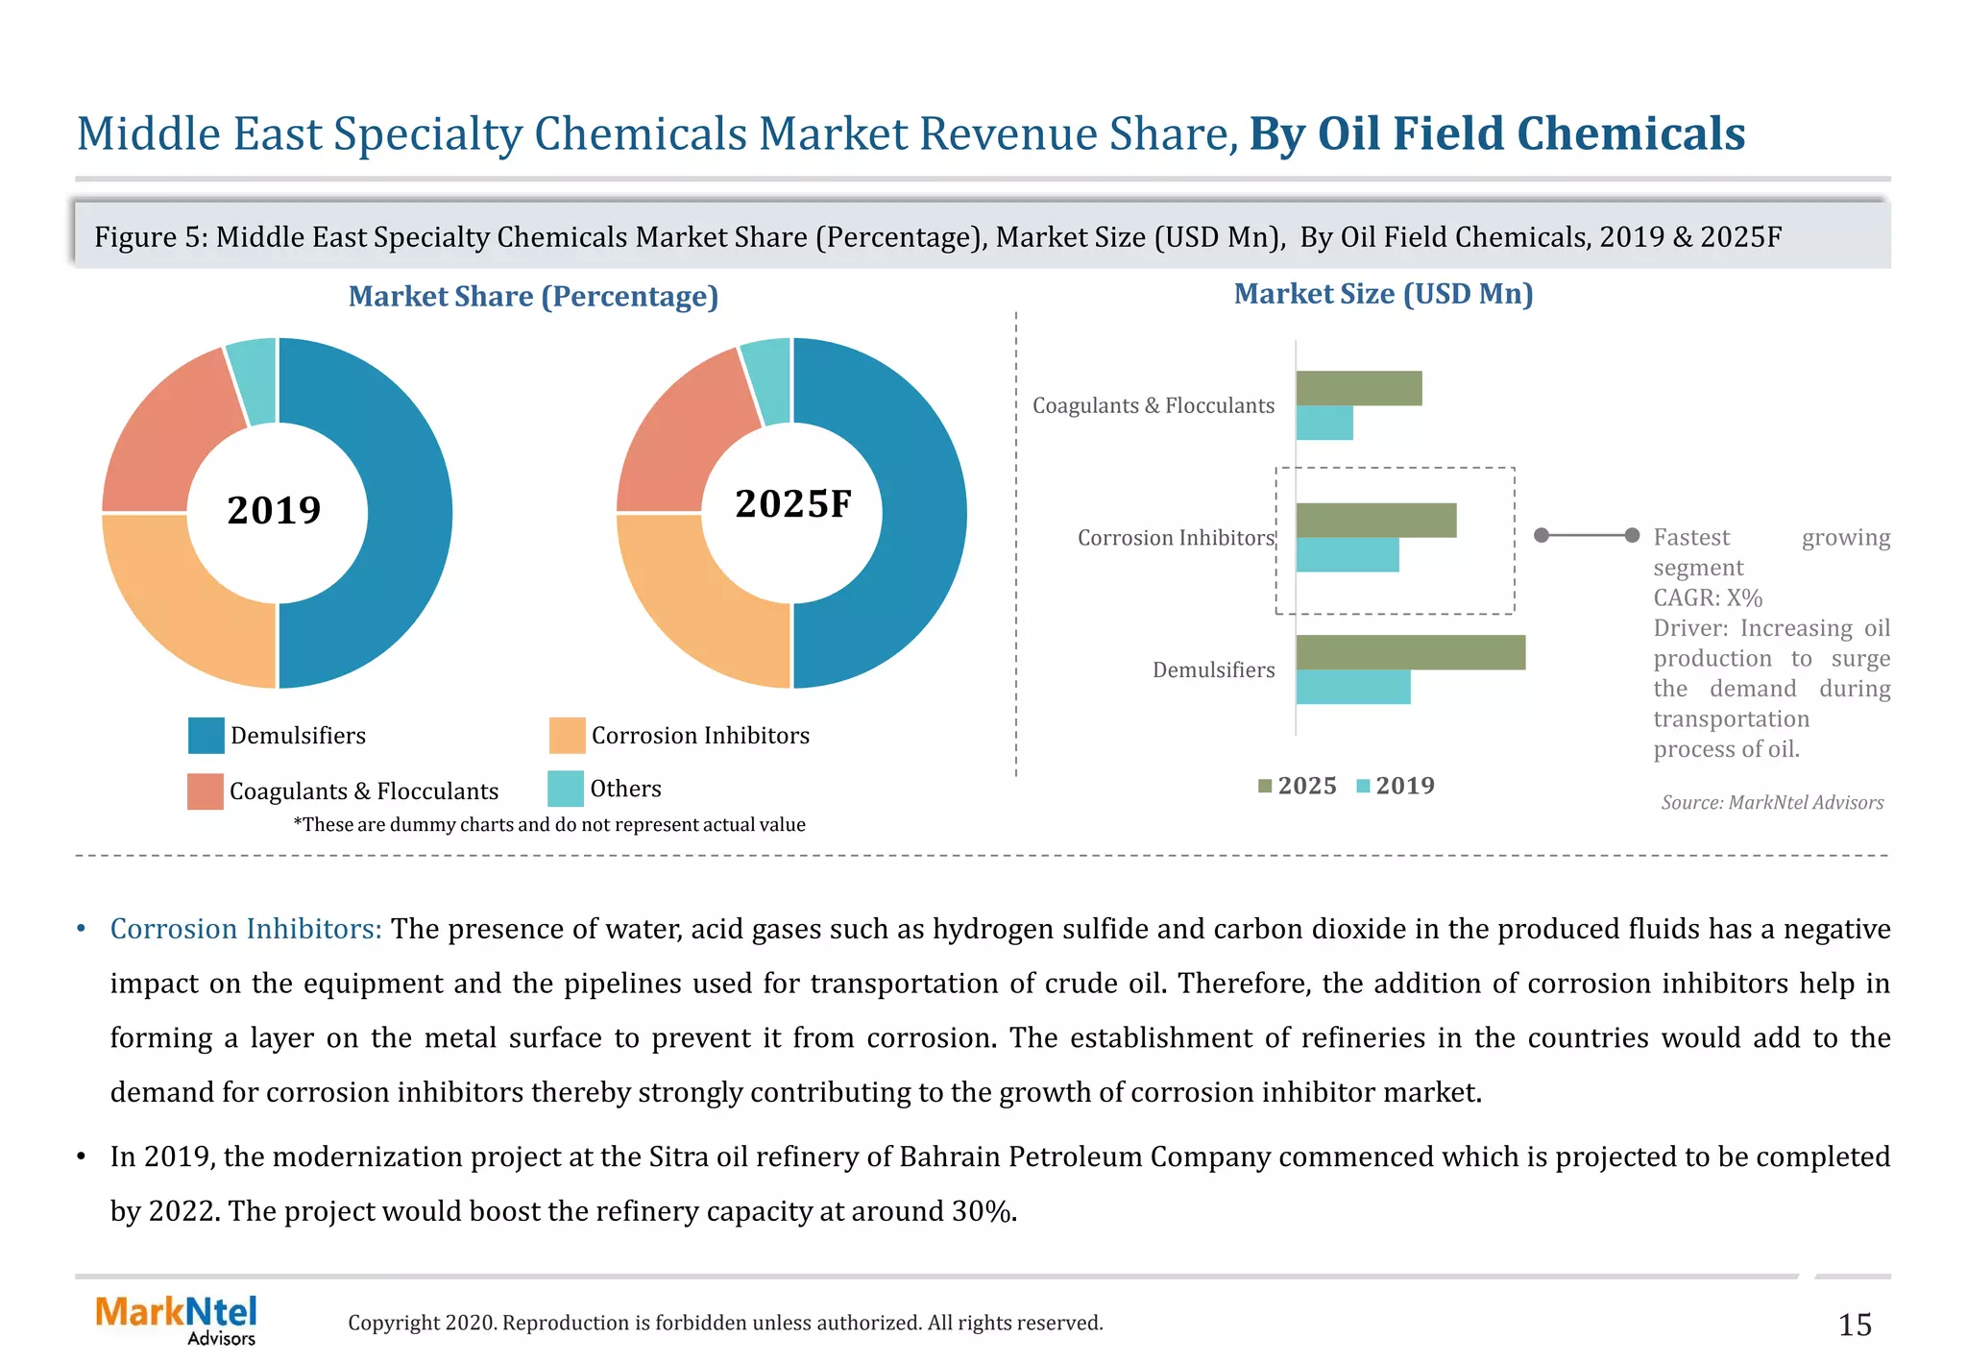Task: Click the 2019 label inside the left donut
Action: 274,510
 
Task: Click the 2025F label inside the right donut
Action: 793,504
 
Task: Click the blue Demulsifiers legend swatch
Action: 206,736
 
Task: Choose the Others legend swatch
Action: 566,789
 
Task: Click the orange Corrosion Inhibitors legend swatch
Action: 567,736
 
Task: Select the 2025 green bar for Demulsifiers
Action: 1410,652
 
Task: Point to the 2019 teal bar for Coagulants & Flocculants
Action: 1324,423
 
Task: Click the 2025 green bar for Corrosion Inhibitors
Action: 1375,521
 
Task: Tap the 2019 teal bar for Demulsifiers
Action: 1352,687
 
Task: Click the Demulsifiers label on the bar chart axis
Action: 1213,669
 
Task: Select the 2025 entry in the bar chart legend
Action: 1298,786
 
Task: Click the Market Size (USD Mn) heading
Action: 1383,294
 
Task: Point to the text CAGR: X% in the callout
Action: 1707,597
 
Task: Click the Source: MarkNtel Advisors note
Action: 1772,802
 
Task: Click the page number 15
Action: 1854,1326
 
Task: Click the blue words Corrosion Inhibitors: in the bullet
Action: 246,929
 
